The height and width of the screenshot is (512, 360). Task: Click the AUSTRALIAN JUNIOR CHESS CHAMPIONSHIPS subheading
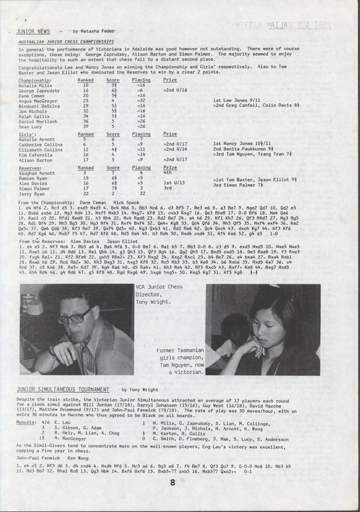pos(66,41)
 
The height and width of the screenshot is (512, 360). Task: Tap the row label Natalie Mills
pos(33,86)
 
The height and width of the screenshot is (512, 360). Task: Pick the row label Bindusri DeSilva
pos(37,105)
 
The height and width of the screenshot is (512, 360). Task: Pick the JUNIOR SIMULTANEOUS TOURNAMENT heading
pos(62,389)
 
